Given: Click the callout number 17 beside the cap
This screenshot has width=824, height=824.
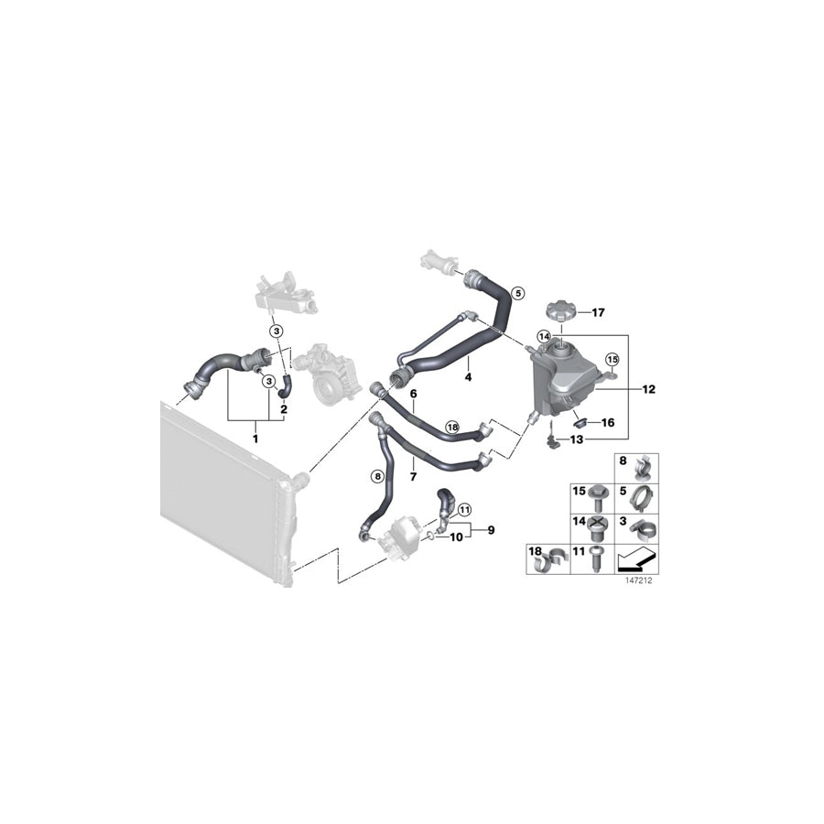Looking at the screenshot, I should [598, 313].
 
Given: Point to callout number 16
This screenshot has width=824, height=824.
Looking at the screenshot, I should [606, 423].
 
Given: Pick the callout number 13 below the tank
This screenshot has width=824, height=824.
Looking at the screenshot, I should [576, 439].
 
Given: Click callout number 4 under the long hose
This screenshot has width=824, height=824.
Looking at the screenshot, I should [467, 376].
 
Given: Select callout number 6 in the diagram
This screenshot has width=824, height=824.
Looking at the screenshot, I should [414, 394].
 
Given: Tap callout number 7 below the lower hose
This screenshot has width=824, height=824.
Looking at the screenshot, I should [413, 477].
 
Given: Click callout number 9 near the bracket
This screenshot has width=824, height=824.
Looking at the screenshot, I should [490, 529].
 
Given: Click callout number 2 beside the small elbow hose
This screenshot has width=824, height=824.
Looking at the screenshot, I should [284, 409].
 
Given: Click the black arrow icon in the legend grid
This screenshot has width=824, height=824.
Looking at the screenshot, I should [638, 558].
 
